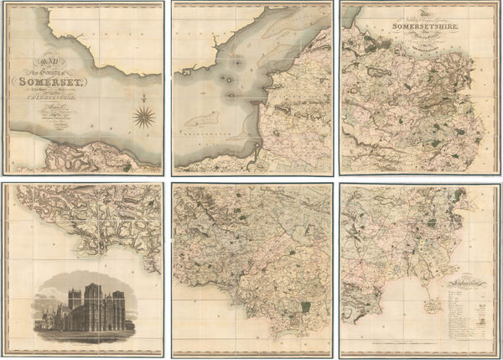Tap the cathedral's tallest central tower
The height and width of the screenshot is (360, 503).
tap(96, 298)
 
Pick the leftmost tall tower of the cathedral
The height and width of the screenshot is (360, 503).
tap(74, 300)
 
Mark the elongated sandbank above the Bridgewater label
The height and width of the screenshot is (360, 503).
tap(200, 119)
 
